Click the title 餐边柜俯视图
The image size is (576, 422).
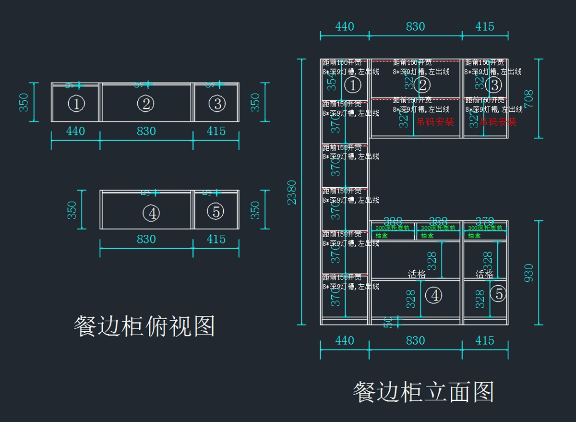(x=144, y=326)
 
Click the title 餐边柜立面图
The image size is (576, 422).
(x=423, y=392)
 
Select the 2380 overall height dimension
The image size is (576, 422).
(x=292, y=192)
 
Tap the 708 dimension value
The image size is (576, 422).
(x=528, y=98)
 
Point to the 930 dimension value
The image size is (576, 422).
(x=528, y=273)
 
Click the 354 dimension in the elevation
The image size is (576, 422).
(x=332, y=82)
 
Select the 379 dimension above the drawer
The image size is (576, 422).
(x=484, y=221)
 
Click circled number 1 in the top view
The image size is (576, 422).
(x=77, y=104)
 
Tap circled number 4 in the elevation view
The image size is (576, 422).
(x=434, y=295)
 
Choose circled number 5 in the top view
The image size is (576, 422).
(x=216, y=211)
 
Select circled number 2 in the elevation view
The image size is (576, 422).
(x=423, y=85)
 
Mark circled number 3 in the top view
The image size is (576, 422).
(x=217, y=103)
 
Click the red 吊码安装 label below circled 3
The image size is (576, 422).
(x=498, y=122)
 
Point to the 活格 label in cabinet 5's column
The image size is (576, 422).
(x=484, y=274)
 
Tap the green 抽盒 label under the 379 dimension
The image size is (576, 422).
(x=474, y=236)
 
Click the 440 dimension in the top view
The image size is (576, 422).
(x=75, y=131)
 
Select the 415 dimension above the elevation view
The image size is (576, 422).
(x=485, y=27)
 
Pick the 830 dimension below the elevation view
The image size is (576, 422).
(x=415, y=340)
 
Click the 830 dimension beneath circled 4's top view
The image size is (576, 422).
(x=146, y=239)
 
